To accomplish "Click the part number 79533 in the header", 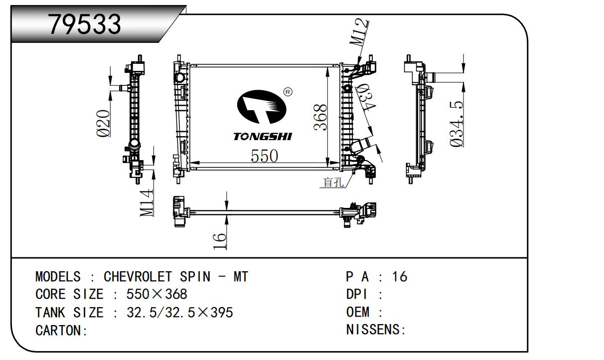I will pyautogui.click(x=85, y=23).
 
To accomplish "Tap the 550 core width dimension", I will pyautogui.click(x=264, y=156).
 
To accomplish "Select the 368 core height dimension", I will pyautogui.click(x=320, y=117).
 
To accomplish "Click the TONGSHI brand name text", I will pyautogui.click(x=263, y=137).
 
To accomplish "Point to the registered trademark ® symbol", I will pyautogui.click(x=288, y=92).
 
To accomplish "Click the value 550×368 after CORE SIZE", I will pyautogui.click(x=157, y=295).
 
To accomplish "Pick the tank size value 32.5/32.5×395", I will pyautogui.click(x=180, y=313).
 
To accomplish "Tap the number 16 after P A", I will pyautogui.click(x=399, y=277).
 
